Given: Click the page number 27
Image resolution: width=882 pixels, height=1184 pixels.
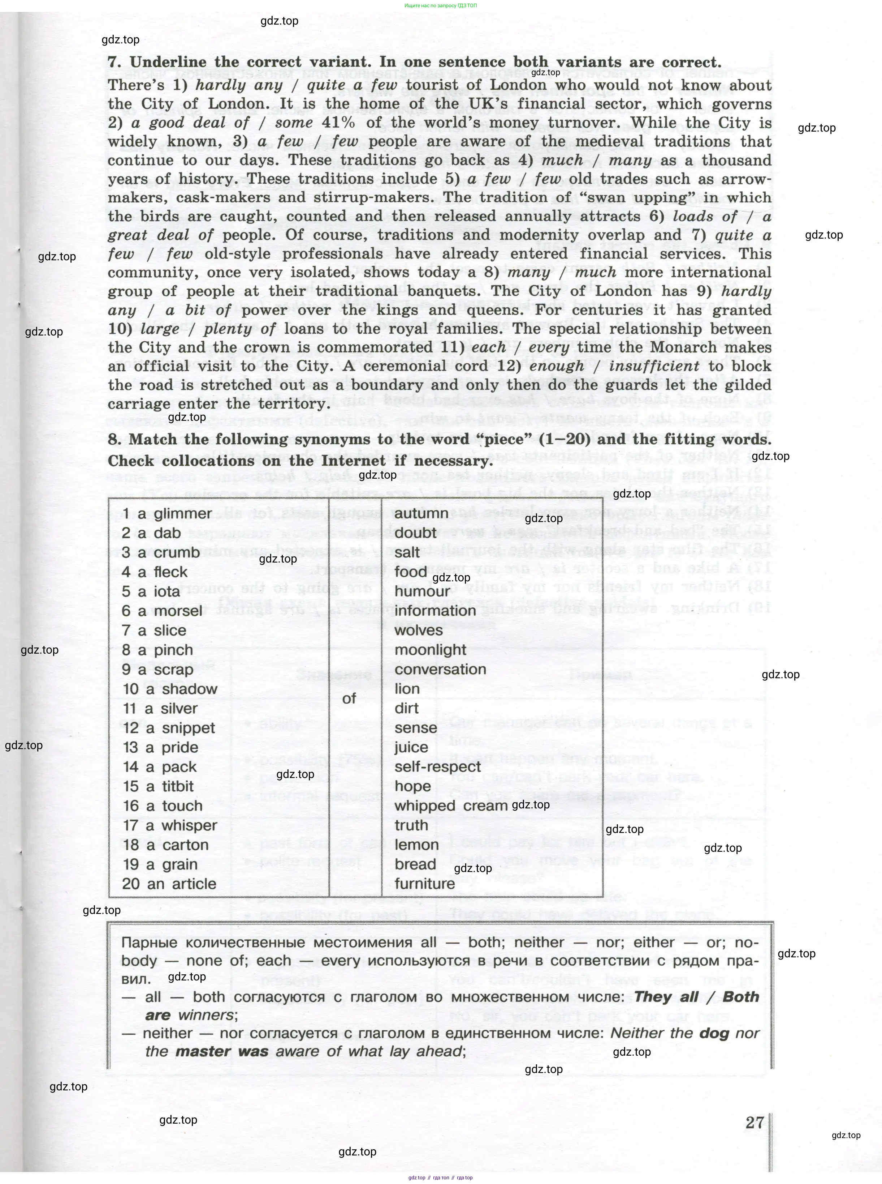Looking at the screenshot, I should click(x=755, y=1122).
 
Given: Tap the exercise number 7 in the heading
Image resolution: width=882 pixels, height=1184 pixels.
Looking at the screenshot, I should click(x=113, y=62).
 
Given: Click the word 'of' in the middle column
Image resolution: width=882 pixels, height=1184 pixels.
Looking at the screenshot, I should click(x=349, y=698).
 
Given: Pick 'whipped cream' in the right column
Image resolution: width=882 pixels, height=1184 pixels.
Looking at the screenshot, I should click(x=451, y=806).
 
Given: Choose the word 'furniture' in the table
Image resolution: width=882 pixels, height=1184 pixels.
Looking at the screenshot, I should click(x=424, y=883).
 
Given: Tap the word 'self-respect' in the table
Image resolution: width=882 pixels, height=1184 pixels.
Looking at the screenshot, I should click(x=437, y=767).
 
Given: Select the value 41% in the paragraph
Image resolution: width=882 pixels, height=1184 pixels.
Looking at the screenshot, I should click(x=338, y=122).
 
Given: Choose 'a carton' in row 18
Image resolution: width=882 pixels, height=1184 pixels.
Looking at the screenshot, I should click(x=165, y=845).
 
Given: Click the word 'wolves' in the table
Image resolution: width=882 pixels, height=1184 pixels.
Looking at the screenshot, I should click(x=419, y=631).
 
